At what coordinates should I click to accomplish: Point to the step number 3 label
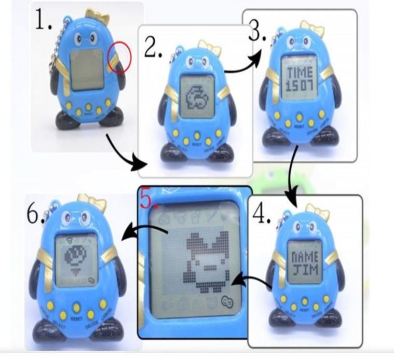[x=257, y=33]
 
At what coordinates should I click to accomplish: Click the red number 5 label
[x=148, y=199]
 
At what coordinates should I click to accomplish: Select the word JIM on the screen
[x=303, y=270]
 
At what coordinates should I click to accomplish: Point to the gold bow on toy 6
[x=92, y=202]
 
